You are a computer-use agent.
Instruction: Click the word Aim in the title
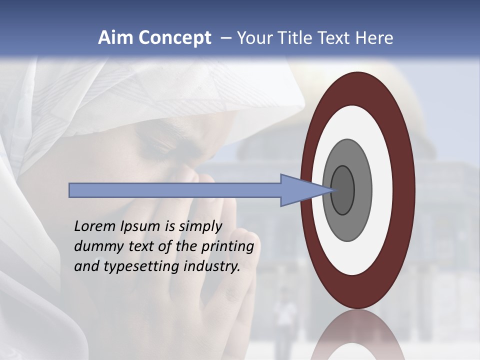pos(115,38)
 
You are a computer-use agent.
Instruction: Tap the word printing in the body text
pos(227,247)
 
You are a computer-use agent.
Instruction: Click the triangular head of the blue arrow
pos(300,190)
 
